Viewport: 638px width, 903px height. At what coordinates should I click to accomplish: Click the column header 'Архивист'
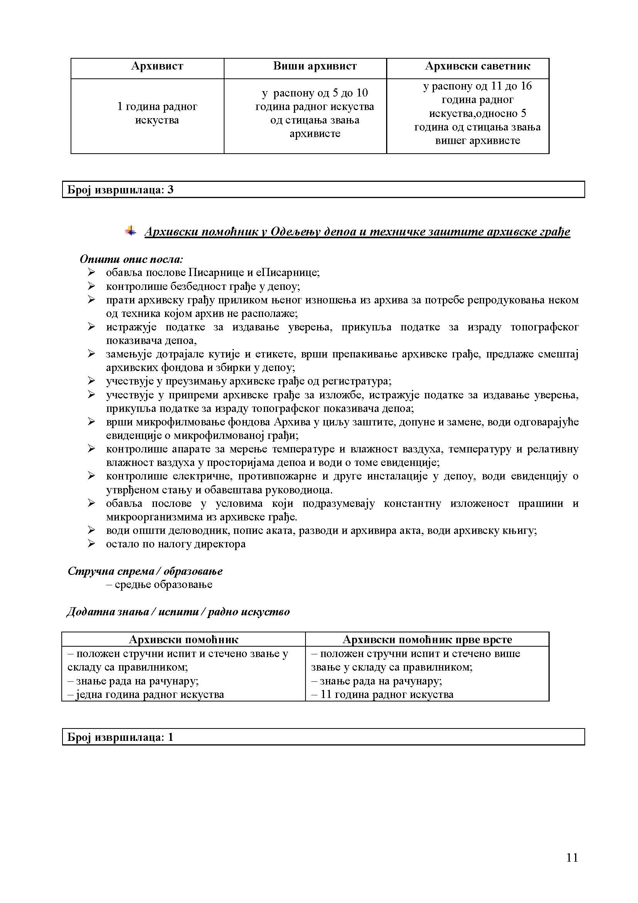[x=157, y=66]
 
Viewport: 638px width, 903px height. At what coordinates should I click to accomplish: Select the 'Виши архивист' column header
[x=315, y=66]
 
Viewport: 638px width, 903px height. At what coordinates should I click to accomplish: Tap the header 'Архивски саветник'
[x=477, y=66]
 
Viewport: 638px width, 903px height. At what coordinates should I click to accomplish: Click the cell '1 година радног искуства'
[x=157, y=113]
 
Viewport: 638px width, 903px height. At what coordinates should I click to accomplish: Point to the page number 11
[x=572, y=857]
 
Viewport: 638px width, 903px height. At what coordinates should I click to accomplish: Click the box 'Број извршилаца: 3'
[x=323, y=190]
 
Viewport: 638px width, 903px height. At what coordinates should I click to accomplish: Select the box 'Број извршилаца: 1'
[x=323, y=737]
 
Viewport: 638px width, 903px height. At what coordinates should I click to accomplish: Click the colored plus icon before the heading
[x=130, y=230]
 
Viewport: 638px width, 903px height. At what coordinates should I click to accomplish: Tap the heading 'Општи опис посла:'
[x=131, y=259]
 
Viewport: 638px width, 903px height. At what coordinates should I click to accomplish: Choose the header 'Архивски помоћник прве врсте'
[x=427, y=639]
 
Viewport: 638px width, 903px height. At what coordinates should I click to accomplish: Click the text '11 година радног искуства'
[x=387, y=695]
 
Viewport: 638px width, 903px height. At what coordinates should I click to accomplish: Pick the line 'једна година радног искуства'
[x=149, y=695]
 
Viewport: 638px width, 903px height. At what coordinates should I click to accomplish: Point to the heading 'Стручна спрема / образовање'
[x=145, y=571]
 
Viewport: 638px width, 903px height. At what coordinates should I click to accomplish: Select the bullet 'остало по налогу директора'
[x=176, y=544]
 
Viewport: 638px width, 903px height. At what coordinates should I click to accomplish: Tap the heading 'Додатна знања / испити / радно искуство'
[x=178, y=612]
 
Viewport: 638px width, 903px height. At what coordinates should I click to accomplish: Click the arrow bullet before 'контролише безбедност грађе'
[x=91, y=286]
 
